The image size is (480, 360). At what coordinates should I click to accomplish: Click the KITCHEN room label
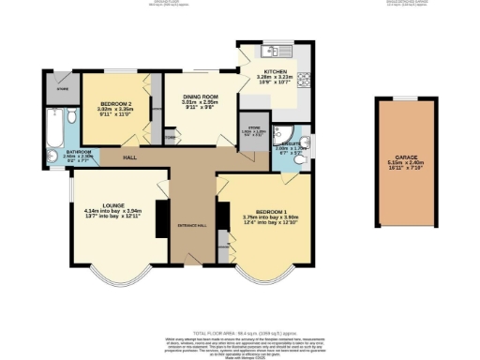275,71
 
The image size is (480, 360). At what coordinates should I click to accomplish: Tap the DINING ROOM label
199,97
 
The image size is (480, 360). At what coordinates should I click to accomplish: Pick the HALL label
130,157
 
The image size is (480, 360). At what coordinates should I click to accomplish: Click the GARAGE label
405,157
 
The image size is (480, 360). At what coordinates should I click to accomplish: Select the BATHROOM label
78,151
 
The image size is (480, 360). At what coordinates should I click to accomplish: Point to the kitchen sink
274,51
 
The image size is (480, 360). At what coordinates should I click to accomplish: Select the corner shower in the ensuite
284,131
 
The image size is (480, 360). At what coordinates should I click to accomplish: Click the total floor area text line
240,333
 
